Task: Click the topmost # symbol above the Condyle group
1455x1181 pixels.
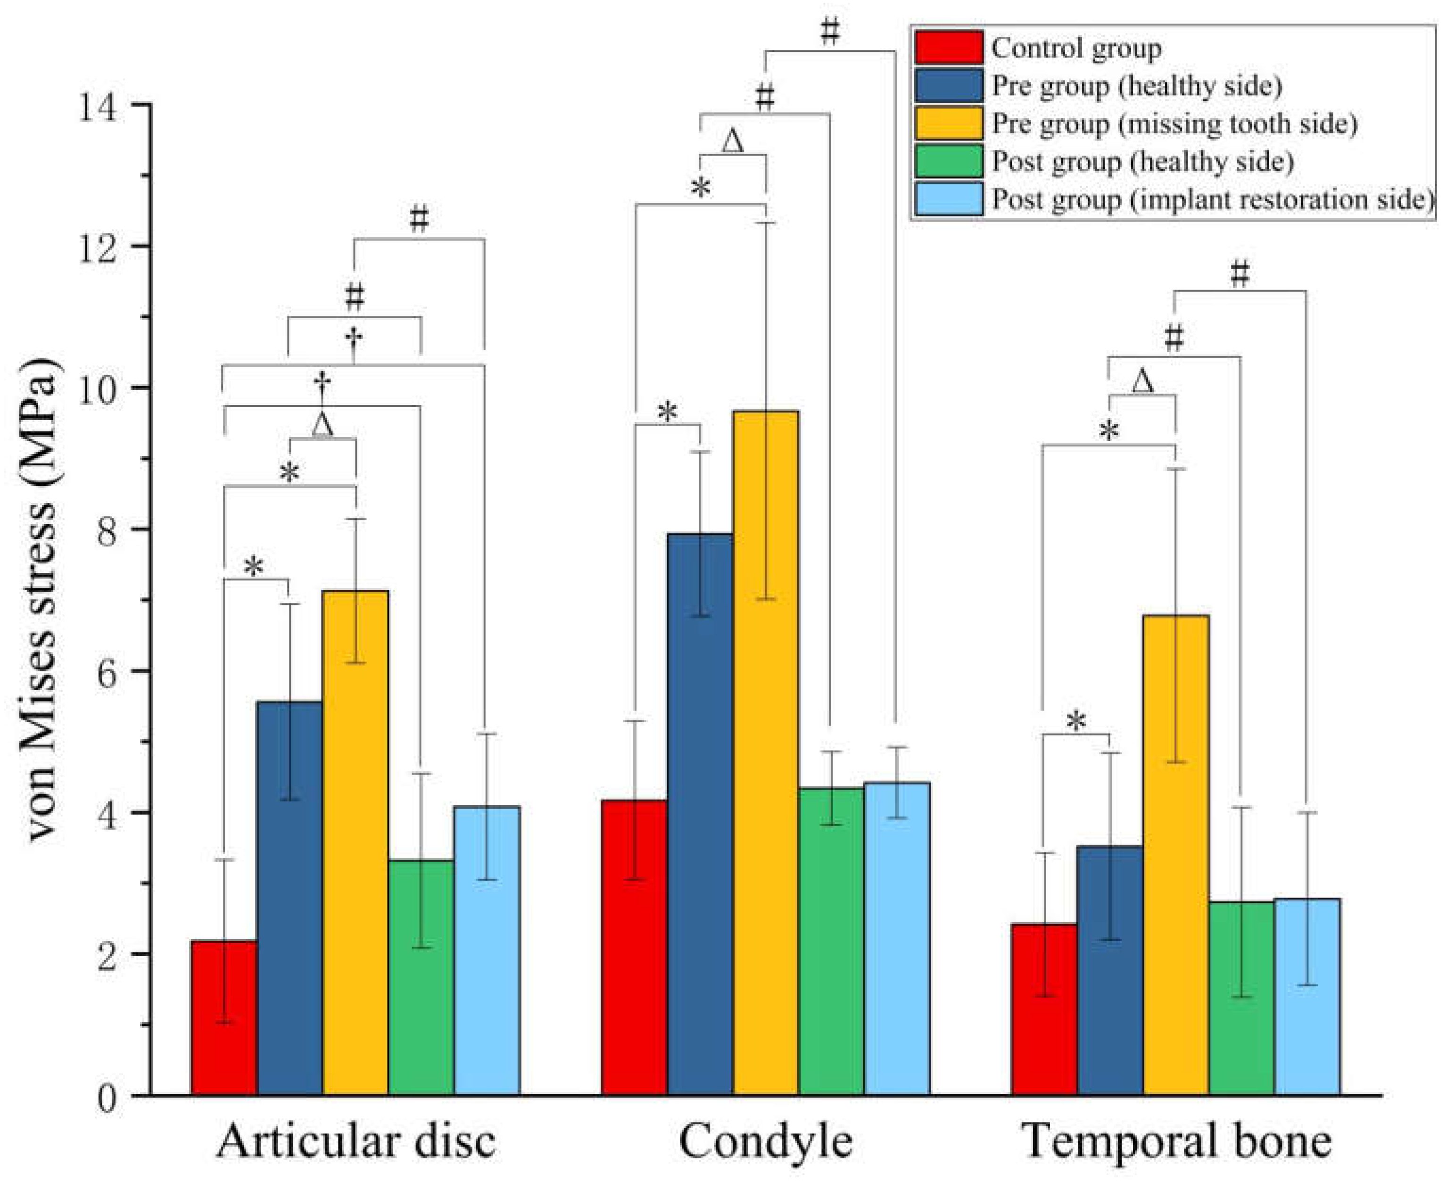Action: pyautogui.click(x=830, y=31)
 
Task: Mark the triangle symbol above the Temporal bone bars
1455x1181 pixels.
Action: pyautogui.click(x=1143, y=382)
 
